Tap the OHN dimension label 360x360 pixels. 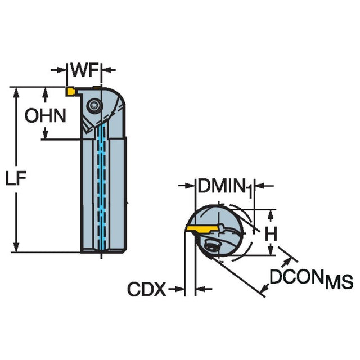click(45, 115)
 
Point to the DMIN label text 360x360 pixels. click(221, 185)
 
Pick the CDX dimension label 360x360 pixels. click(147, 290)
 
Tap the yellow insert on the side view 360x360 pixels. click(71, 91)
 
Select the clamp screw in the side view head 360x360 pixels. click(93, 105)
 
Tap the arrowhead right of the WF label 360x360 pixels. click(106, 70)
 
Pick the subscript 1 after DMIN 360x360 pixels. click(249, 191)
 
